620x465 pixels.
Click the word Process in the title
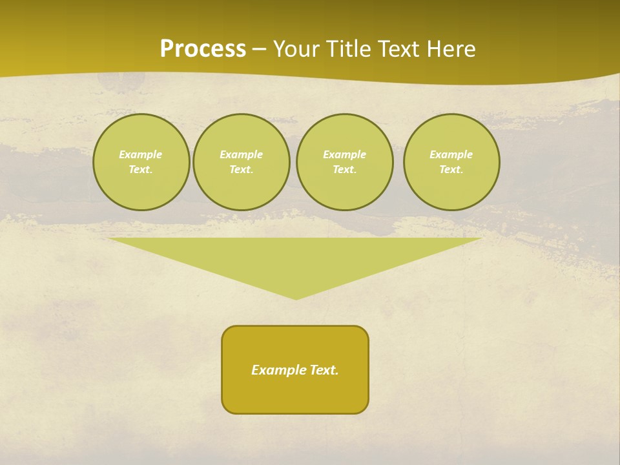(203, 49)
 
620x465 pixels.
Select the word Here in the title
(451, 49)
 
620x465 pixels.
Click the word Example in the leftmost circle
(140, 154)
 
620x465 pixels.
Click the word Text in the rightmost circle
(450, 169)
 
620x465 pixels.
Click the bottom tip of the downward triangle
(296, 298)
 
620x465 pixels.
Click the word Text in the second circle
(240, 169)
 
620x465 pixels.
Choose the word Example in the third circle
(344, 154)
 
